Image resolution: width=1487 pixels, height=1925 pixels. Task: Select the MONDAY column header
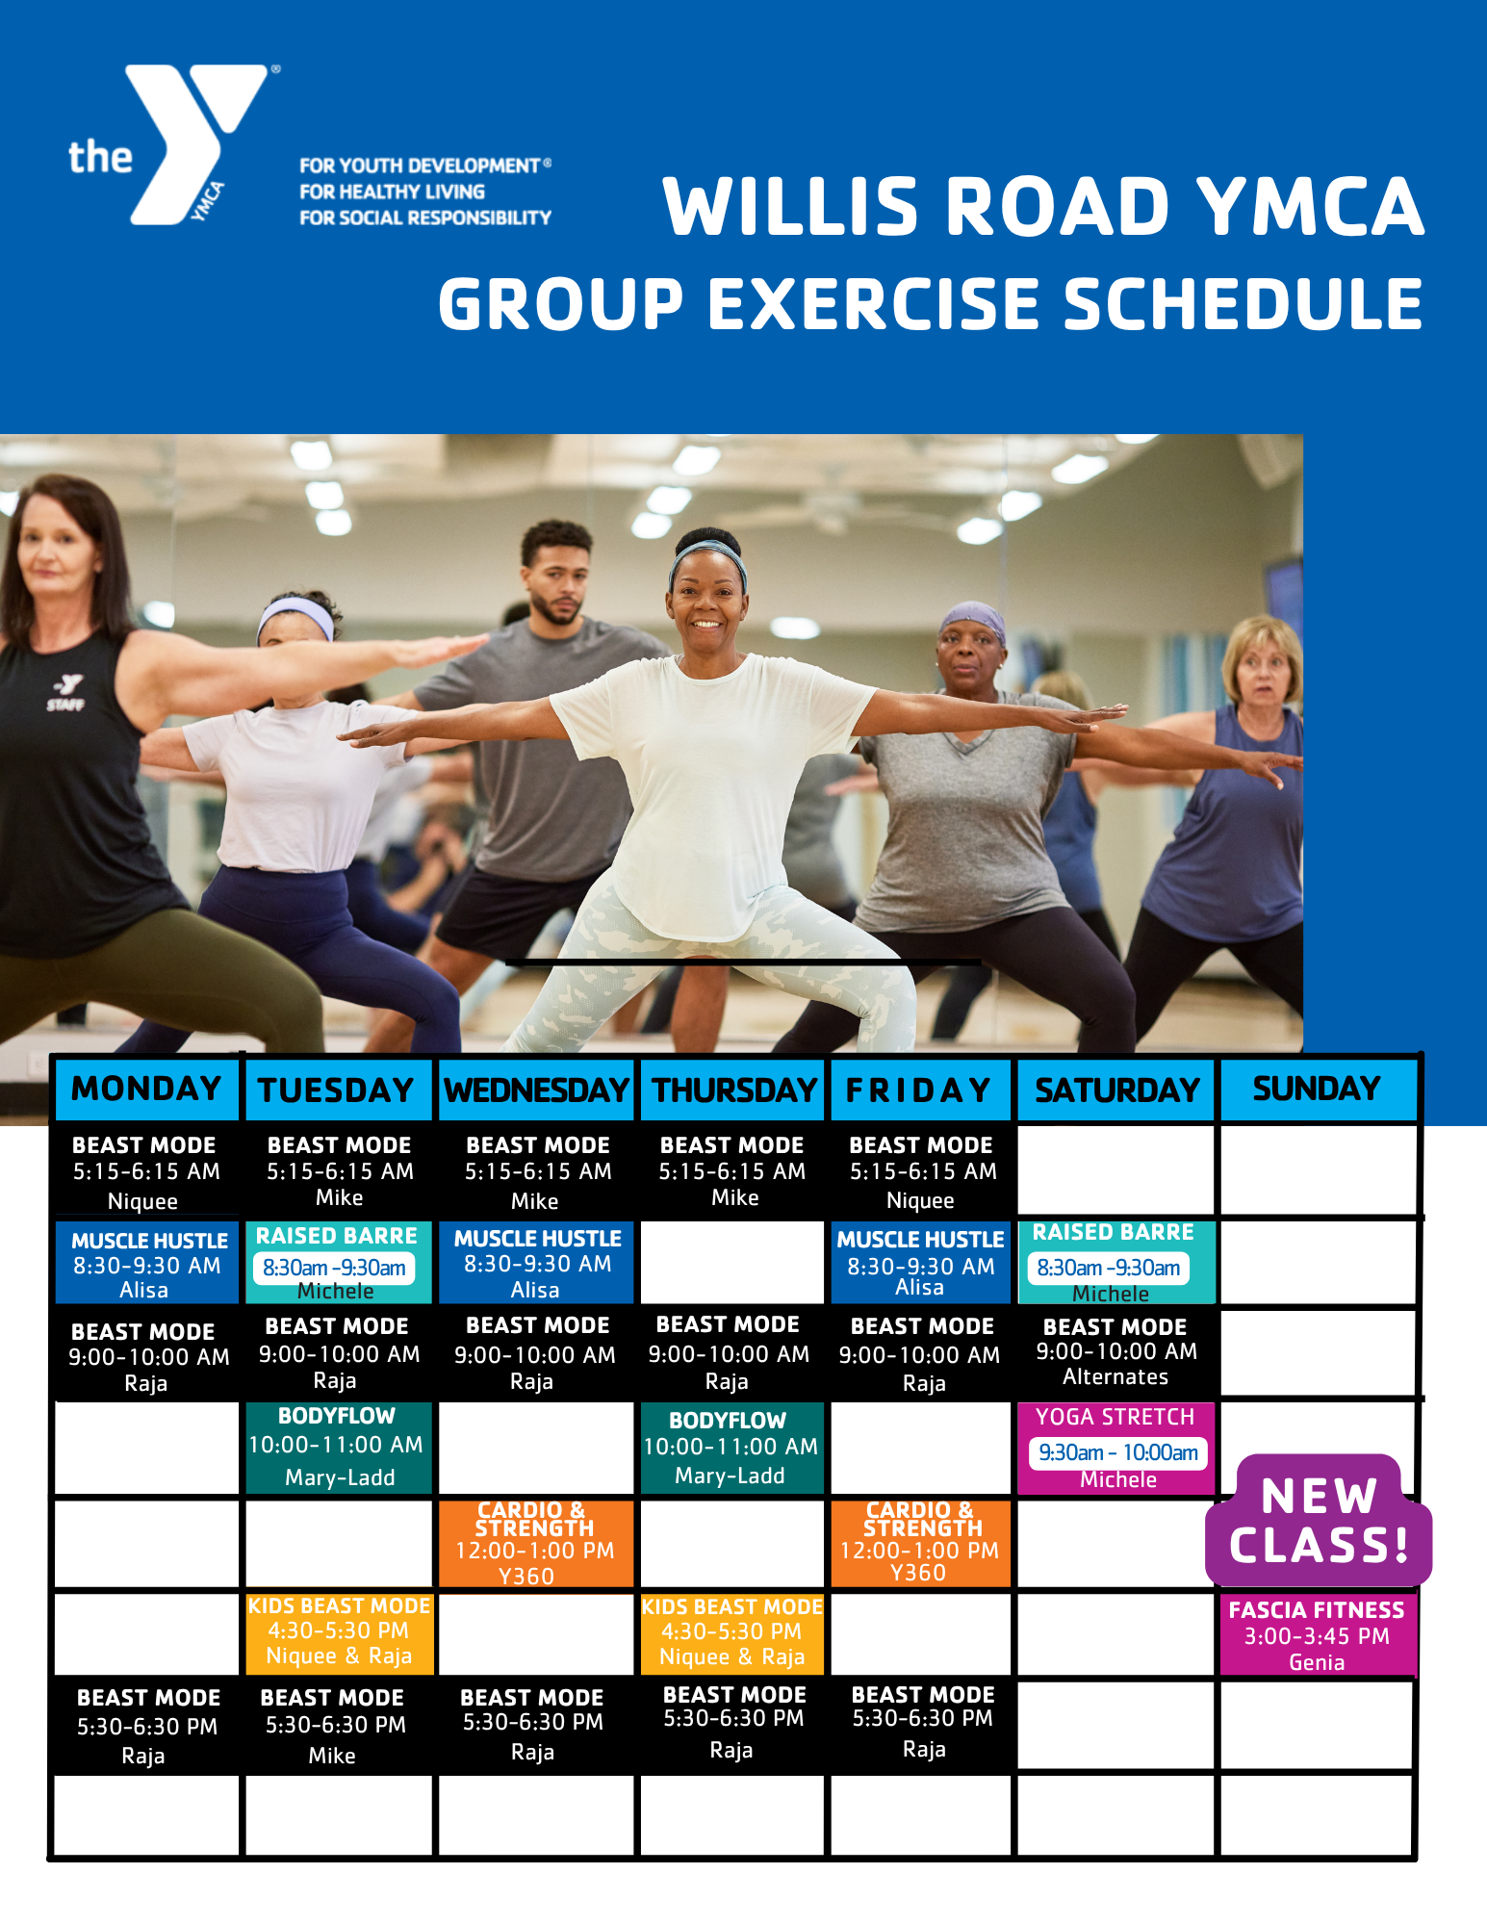pos(146,1089)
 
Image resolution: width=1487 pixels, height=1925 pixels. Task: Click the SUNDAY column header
pos(1318,1089)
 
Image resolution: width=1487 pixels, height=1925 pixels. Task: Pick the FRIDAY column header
pos(920,1090)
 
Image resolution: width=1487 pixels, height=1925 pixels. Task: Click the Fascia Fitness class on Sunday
pos(1317,1635)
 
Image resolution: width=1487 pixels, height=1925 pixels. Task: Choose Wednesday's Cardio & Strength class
pos(535,1543)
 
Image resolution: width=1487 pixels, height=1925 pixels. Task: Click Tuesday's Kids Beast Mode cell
pos(339,1631)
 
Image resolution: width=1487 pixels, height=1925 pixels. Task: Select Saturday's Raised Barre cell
pos(1116,1262)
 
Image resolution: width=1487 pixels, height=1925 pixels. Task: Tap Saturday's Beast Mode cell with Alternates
pos(1116,1351)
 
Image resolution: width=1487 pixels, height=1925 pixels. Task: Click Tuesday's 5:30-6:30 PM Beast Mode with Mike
pos(333,1726)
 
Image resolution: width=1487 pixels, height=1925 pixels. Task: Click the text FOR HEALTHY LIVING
pos(392,192)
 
